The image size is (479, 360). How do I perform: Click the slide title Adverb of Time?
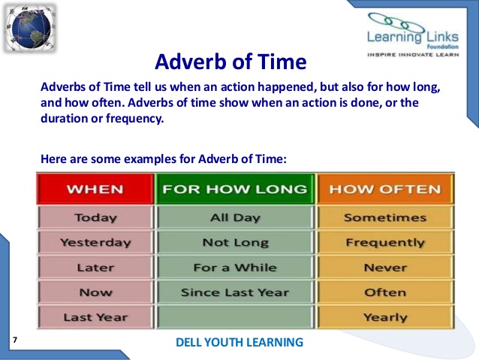(230, 59)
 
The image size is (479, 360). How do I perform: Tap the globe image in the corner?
(29, 27)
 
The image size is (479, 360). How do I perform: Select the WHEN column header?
(95, 189)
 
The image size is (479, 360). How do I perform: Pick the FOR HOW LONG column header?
(235, 189)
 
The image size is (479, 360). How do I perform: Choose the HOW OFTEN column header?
(384, 189)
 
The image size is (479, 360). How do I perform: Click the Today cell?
(95, 218)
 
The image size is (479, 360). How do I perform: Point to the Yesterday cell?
(95, 243)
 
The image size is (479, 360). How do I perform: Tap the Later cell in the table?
(95, 268)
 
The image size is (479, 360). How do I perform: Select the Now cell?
(95, 292)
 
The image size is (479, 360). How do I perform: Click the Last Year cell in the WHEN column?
(95, 317)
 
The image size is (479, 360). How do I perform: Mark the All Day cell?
(235, 218)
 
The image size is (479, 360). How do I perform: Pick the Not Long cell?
(235, 243)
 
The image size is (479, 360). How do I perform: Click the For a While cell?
(235, 268)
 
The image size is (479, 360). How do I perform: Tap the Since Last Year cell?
(235, 292)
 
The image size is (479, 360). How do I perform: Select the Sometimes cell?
(384, 218)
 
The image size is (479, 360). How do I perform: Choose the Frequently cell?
(384, 243)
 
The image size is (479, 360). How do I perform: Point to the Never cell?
(384, 268)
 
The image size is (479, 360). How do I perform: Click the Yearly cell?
(384, 317)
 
